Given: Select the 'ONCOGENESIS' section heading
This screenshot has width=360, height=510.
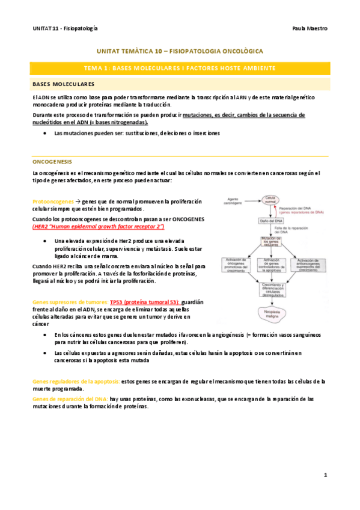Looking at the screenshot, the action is (52, 162).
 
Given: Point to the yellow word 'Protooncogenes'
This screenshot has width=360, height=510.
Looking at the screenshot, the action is (53, 201).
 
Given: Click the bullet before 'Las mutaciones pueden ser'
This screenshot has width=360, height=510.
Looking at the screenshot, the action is (47, 133).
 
